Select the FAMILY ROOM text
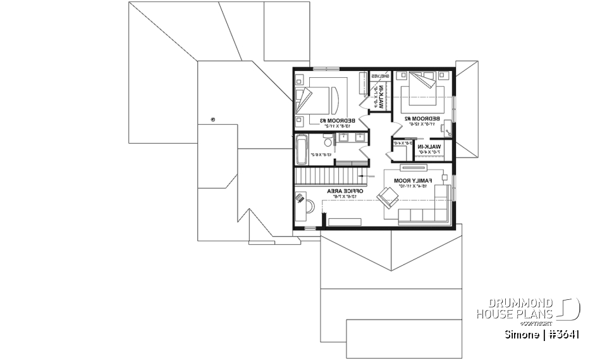(x=412, y=180)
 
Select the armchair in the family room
(x=387, y=198)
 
